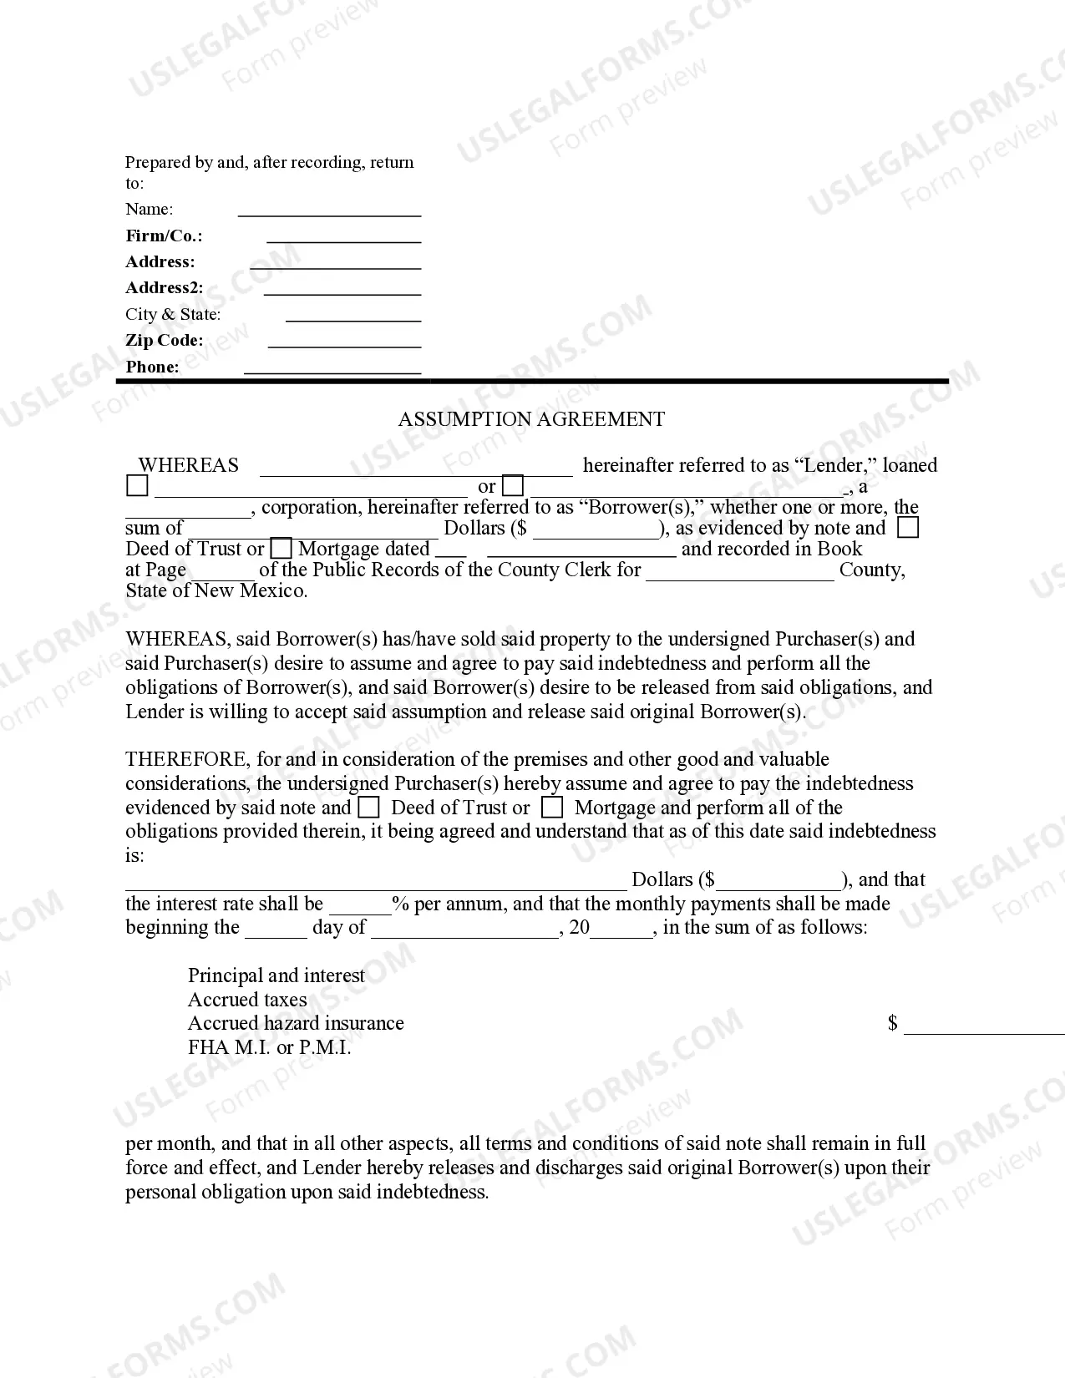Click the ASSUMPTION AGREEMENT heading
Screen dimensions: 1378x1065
[x=531, y=419]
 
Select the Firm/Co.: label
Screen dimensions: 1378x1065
[x=164, y=236]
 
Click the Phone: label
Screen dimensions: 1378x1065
[x=152, y=367]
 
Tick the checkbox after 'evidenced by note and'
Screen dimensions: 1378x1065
[x=907, y=528]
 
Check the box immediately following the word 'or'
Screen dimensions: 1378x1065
[x=514, y=486]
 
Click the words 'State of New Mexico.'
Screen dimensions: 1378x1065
[x=216, y=591]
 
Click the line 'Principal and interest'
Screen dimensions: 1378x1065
[x=276, y=975]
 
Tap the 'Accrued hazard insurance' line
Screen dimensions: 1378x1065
[x=296, y=1023]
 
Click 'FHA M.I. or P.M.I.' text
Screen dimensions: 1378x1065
[x=269, y=1047]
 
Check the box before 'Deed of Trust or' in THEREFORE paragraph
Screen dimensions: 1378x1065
[x=368, y=808]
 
